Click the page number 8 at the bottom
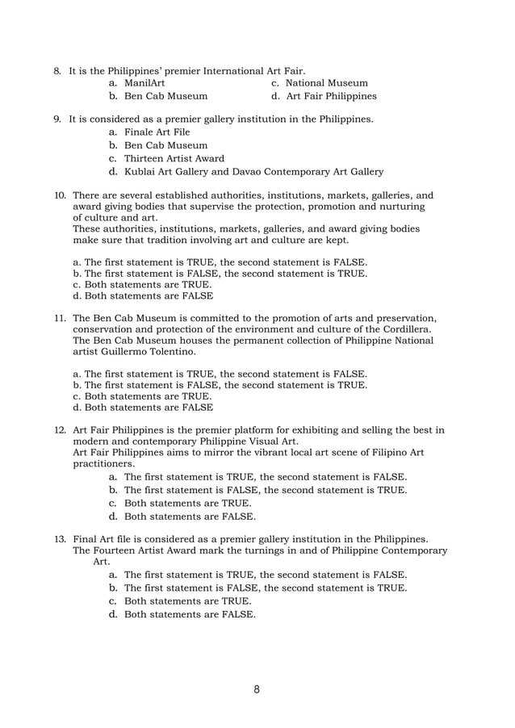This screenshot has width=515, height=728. pos(256,689)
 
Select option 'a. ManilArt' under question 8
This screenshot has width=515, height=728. pos(137,82)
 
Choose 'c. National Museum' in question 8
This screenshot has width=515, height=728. pos(320,82)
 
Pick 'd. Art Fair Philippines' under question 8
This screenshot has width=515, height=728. pos(324,96)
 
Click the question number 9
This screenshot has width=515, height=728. pos(57,119)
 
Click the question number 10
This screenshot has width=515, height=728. pos(59,195)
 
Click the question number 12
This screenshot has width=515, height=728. pos(59,429)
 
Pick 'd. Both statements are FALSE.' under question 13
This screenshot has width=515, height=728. pos(182,614)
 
